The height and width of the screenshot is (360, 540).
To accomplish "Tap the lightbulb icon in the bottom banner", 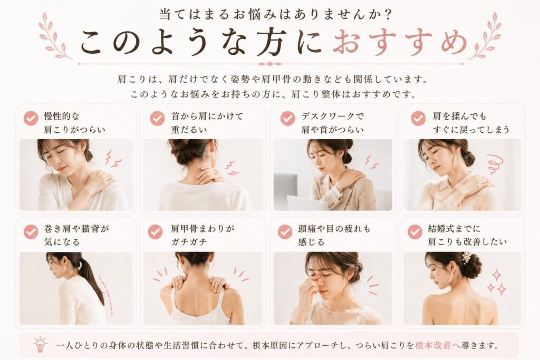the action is [x=40, y=345].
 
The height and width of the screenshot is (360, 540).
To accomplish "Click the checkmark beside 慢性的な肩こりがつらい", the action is [x=31, y=119].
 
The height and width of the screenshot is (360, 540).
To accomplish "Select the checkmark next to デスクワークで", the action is [x=287, y=119].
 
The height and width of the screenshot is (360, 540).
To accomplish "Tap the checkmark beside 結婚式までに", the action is [x=414, y=231].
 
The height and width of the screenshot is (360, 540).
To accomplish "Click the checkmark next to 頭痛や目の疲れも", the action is [x=285, y=231].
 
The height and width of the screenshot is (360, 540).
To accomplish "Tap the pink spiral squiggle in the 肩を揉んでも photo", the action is [x=495, y=164].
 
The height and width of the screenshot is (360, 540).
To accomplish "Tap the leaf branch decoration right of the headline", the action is [x=486, y=36].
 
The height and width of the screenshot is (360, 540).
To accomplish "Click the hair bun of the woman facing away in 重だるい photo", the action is [x=179, y=147].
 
